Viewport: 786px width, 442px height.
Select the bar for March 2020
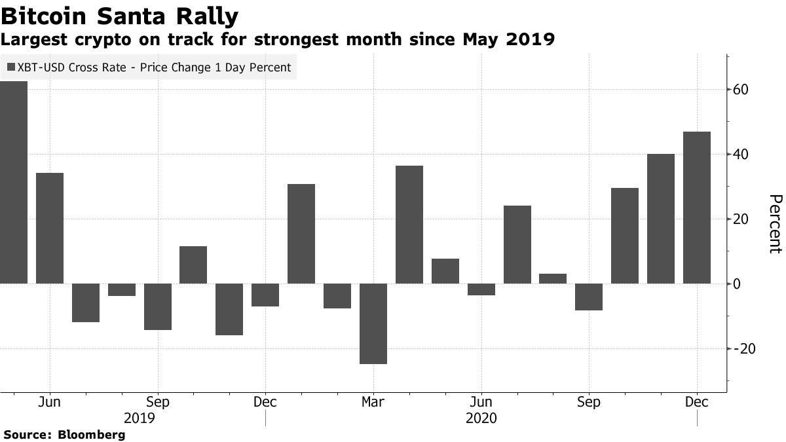coord(373,323)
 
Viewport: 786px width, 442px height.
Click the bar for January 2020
coord(301,234)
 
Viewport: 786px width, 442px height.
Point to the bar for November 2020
coord(661,219)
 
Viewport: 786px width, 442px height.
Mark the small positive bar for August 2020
coord(553,278)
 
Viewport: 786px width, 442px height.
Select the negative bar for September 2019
coord(157,306)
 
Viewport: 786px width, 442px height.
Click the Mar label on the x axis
coord(373,402)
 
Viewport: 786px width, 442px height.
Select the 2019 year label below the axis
coord(139,418)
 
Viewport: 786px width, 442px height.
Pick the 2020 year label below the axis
coord(481,418)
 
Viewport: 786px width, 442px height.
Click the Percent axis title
coord(775,223)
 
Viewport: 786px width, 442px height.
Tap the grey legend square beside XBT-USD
coord(11,67)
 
